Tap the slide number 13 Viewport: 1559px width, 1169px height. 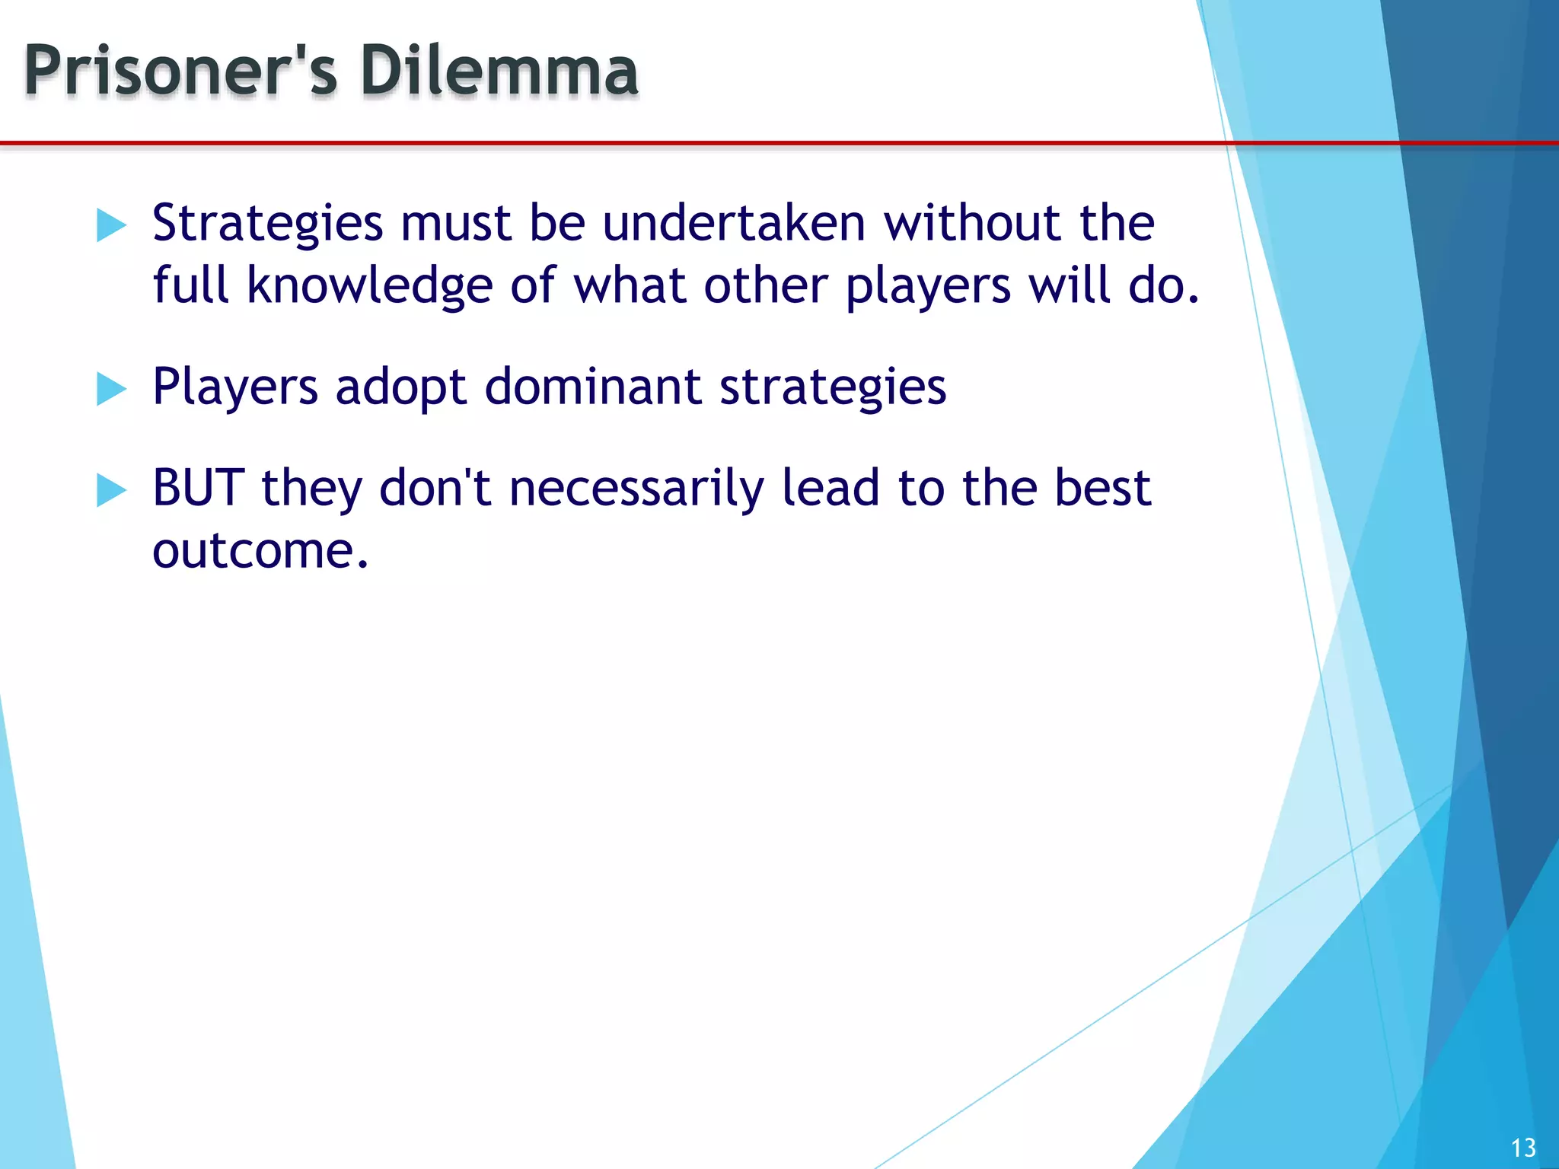(x=1522, y=1148)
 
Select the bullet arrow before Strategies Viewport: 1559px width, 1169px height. (x=111, y=226)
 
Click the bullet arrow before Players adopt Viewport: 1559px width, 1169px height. (x=111, y=390)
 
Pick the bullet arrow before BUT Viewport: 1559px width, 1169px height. (x=111, y=491)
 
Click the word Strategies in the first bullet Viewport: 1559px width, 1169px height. (x=267, y=225)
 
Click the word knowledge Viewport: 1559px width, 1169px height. (x=370, y=286)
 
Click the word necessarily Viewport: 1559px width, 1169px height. (x=636, y=489)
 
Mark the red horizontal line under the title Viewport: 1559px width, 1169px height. (x=609, y=142)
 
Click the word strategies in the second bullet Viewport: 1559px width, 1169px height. (x=833, y=388)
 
